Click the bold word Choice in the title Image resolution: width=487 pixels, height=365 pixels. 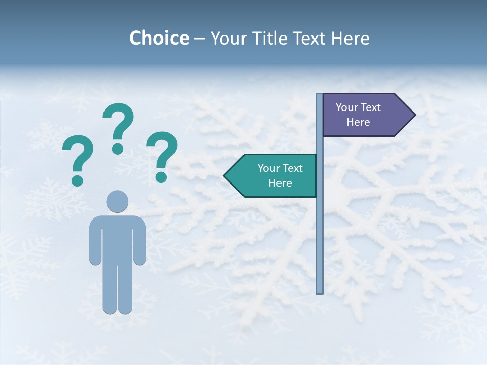(x=159, y=38)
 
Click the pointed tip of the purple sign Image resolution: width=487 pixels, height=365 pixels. (x=414, y=115)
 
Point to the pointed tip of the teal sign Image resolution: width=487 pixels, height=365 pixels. (x=225, y=176)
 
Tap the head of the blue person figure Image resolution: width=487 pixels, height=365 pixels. (x=117, y=201)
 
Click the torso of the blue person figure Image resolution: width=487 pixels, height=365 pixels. (x=117, y=238)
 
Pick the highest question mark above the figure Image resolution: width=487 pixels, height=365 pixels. (x=118, y=124)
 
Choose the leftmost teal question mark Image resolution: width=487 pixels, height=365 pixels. (x=78, y=157)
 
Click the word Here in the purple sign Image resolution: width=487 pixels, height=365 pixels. (x=358, y=122)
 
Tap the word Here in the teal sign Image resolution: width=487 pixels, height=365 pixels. (x=280, y=183)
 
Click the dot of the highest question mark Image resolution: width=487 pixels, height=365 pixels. (x=118, y=149)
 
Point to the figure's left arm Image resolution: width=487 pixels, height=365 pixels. (x=95, y=243)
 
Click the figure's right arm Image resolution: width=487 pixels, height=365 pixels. (x=140, y=243)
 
